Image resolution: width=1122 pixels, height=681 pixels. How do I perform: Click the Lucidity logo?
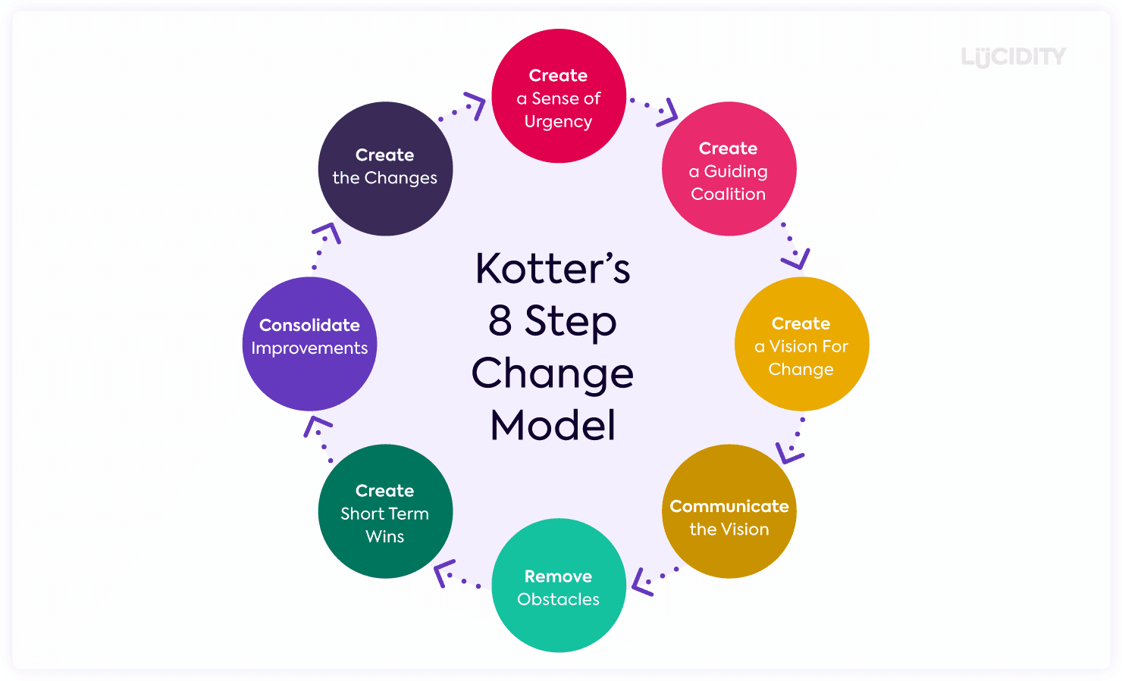1013,57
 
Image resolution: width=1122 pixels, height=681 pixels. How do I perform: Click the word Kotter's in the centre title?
553,269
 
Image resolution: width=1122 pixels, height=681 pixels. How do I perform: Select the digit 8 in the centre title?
500,321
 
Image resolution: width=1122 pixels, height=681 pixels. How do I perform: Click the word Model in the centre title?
553,425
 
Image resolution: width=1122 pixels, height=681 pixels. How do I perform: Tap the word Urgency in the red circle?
559,122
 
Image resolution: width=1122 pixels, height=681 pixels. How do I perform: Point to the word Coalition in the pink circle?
729,194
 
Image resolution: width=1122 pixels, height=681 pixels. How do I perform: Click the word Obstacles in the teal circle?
559,599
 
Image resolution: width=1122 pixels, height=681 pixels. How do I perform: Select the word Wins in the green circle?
385,536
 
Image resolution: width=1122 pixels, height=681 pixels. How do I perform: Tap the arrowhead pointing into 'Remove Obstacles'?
641,583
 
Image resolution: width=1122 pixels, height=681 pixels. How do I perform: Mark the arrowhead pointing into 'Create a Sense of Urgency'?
475,105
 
